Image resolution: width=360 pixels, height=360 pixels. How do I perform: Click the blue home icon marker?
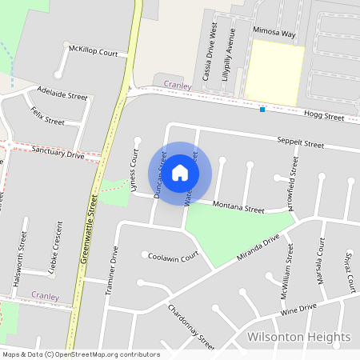tap(180, 172)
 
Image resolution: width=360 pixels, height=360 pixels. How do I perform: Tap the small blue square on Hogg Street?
tap(262, 110)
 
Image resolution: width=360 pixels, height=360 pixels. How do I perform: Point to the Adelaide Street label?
tap(62, 94)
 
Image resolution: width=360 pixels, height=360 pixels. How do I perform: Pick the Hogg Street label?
tap(324, 117)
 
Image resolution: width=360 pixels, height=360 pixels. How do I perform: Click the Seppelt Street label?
tap(300, 146)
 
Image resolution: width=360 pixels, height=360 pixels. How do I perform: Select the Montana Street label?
tap(238, 209)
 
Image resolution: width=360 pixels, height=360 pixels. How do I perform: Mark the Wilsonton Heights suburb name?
tap(298, 337)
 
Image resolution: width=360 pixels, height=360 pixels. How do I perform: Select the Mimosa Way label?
tap(274, 35)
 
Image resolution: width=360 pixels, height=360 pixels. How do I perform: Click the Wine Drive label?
tap(298, 306)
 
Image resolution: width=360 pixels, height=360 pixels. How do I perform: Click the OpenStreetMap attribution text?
tap(80, 354)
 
